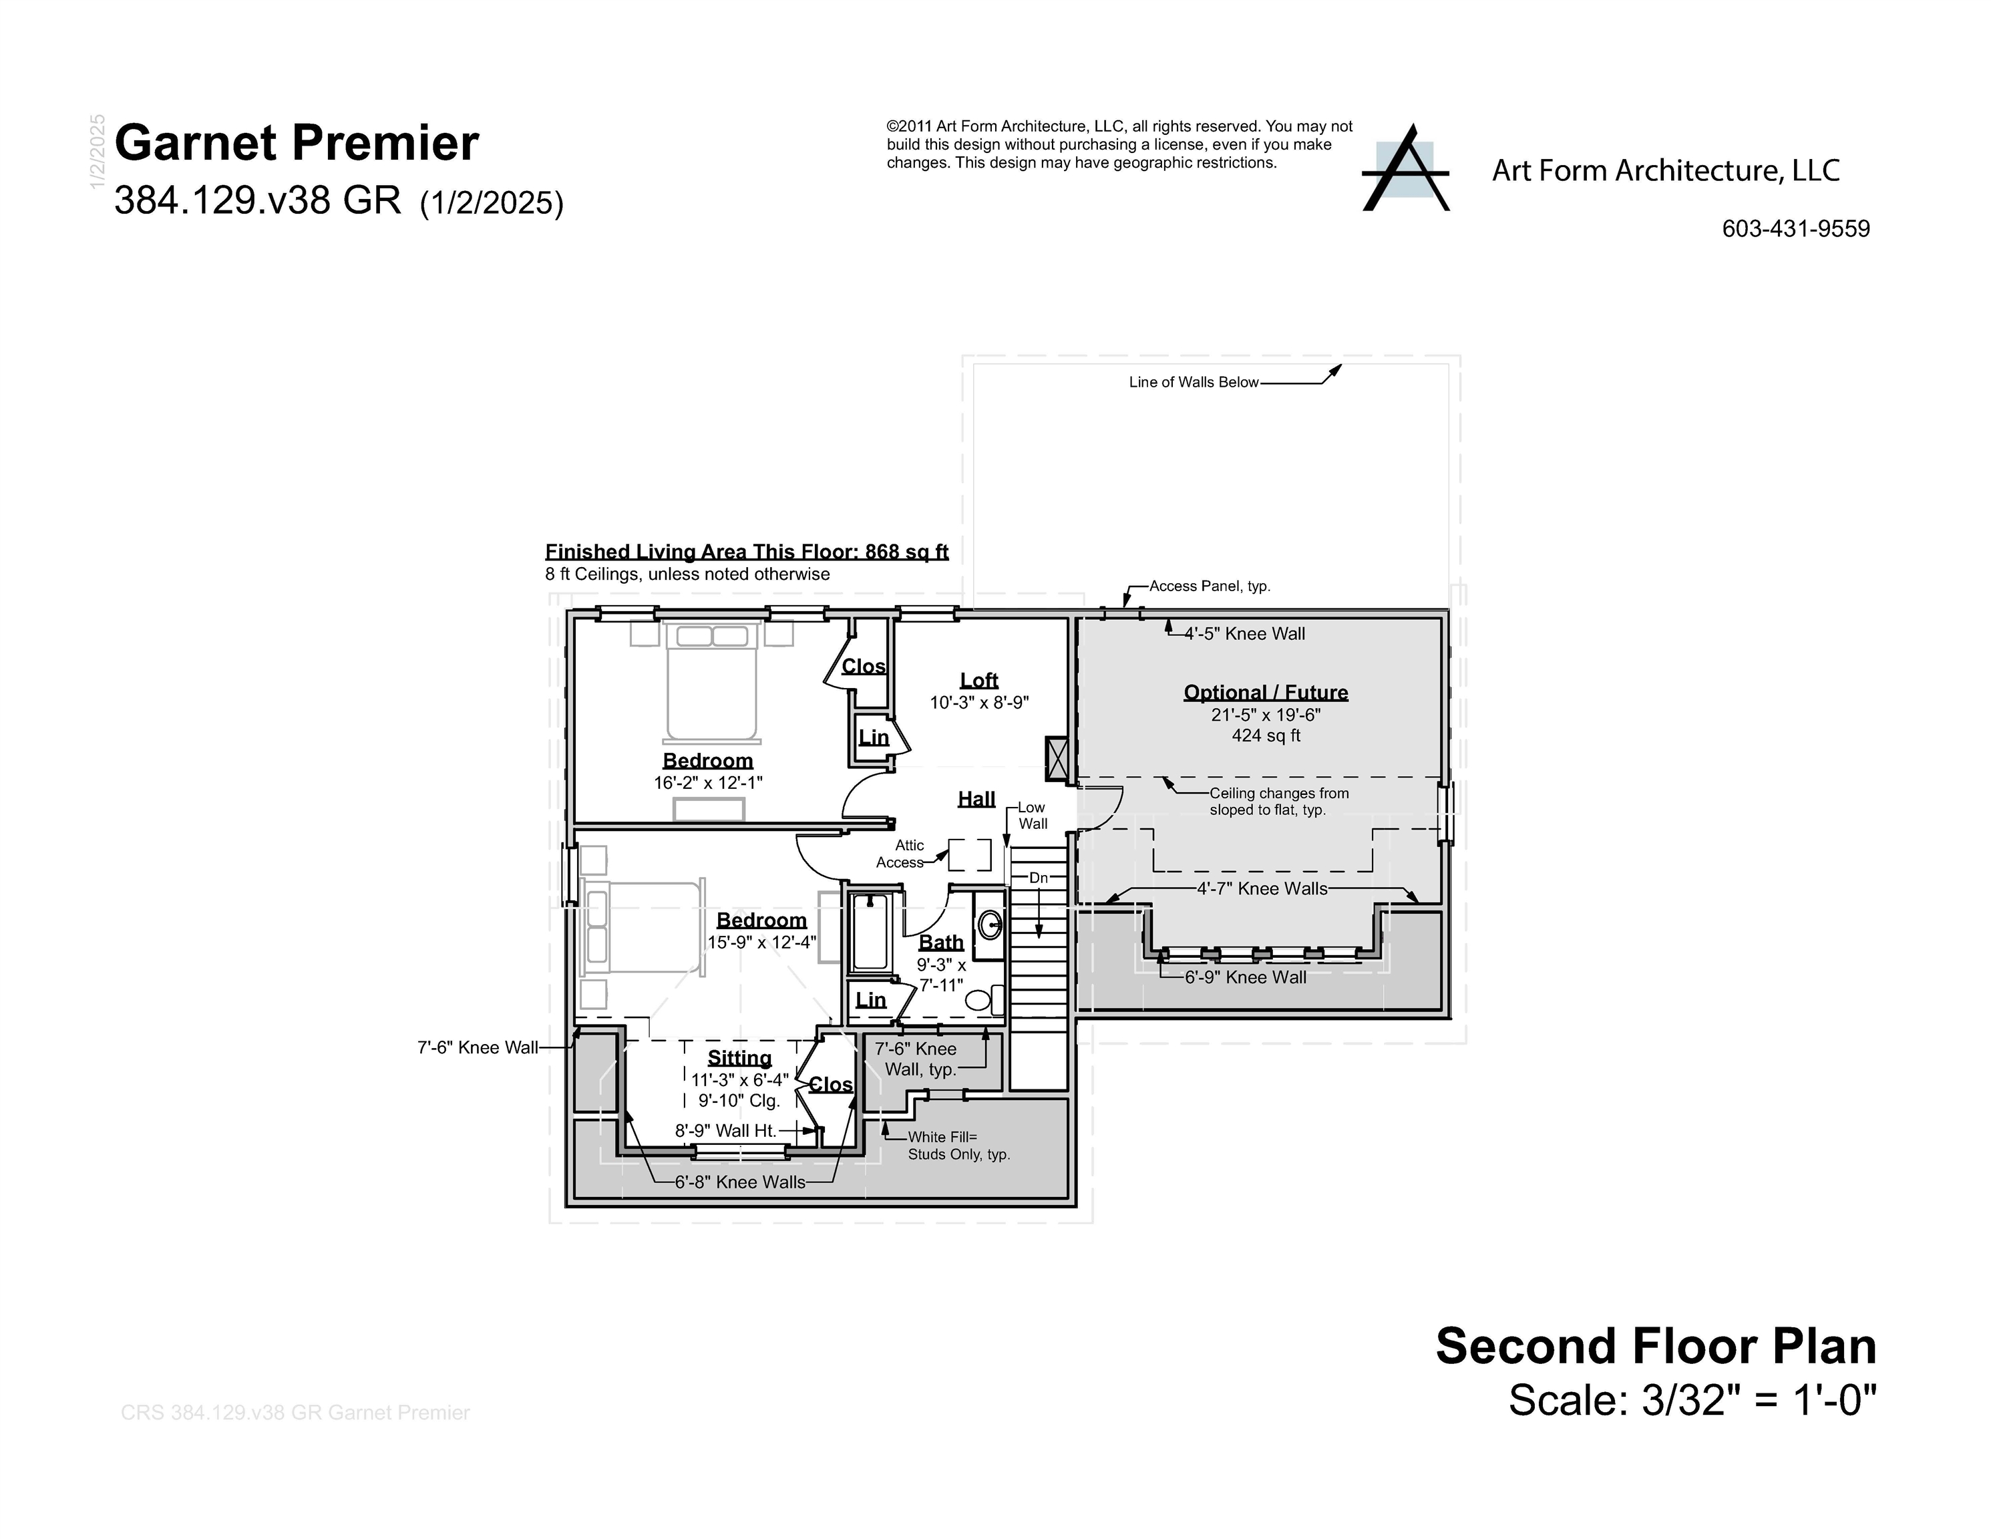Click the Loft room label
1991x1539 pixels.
[979, 680]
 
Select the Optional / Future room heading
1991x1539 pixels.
[1266, 692]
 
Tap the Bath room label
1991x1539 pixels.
[941, 942]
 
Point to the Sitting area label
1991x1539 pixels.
[739, 1057]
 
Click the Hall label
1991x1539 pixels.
[976, 799]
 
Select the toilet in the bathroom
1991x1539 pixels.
[980, 1000]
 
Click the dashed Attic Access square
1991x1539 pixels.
[970, 855]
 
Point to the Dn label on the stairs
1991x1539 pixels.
[1039, 878]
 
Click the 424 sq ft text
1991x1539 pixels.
[1266, 735]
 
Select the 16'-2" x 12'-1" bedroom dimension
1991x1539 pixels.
[707, 783]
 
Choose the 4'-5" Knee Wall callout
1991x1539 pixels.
[1244, 634]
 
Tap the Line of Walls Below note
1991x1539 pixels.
[1194, 382]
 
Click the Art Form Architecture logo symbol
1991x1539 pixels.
[1405, 170]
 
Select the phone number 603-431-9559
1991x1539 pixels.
[1795, 229]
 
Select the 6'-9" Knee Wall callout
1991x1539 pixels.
[1244, 977]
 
